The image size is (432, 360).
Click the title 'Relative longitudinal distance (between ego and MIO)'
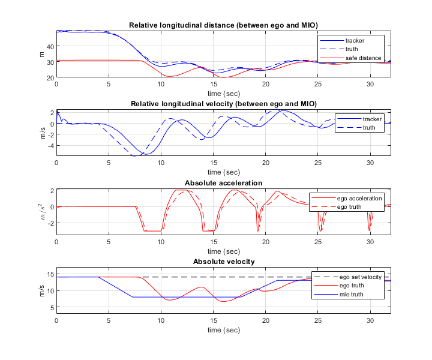click(x=224, y=25)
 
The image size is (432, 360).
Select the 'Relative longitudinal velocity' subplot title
click(x=224, y=104)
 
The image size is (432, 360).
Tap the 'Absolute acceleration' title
click(x=224, y=182)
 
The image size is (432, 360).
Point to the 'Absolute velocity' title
click(x=224, y=262)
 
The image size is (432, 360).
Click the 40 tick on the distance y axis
click(x=50, y=46)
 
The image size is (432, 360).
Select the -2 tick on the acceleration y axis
click(x=52, y=223)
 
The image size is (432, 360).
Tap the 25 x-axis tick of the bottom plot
click(x=318, y=321)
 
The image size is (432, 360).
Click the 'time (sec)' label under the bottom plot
click(x=224, y=330)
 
